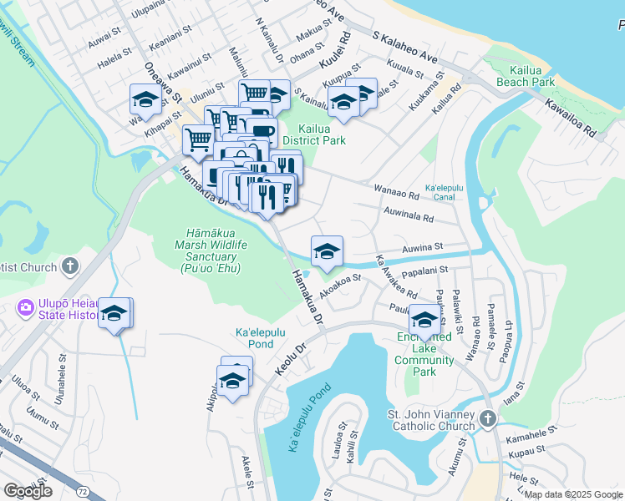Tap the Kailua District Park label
322,135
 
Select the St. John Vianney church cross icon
489,417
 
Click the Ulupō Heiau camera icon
26,309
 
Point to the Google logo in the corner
28,491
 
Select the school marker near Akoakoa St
327,250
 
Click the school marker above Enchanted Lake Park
424,320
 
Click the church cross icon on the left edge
70,267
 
